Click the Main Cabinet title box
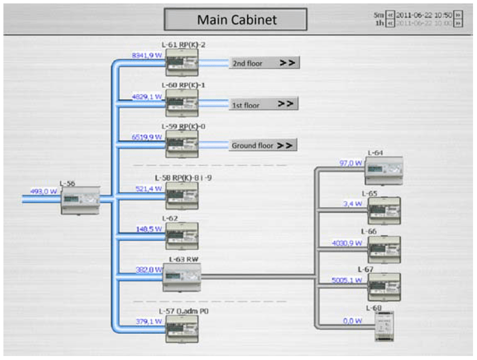tap(236, 19)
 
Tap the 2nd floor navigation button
tap(264, 63)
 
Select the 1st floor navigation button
tap(264, 104)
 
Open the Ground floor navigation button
tap(263, 145)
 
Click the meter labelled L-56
tap(80, 201)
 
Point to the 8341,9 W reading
tap(147, 55)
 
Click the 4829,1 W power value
tap(147, 96)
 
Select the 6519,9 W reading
tap(147, 137)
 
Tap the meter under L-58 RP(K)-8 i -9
tap(181, 195)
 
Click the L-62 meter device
tap(181, 236)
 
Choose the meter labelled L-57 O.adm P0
tap(181, 329)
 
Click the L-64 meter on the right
tap(384, 170)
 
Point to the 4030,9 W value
tap(347, 243)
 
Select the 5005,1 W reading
tap(347, 280)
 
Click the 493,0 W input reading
tap(44, 192)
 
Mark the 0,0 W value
tap(353, 321)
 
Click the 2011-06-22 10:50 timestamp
tap(424, 15)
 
